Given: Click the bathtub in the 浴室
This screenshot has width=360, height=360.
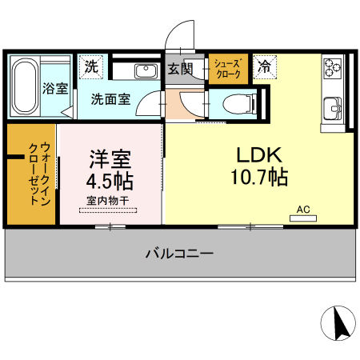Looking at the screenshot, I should (x=25, y=86).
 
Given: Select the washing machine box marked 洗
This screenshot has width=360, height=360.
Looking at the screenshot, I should (x=91, y=66).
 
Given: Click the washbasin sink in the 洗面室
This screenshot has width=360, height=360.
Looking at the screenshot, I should (x=146, y=72).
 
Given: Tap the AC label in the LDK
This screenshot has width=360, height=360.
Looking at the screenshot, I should (x=303, y=209).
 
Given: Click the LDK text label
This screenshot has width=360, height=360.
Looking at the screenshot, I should (x=255, y=154).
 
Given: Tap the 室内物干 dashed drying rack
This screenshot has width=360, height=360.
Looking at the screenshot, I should (x=108, y=210).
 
